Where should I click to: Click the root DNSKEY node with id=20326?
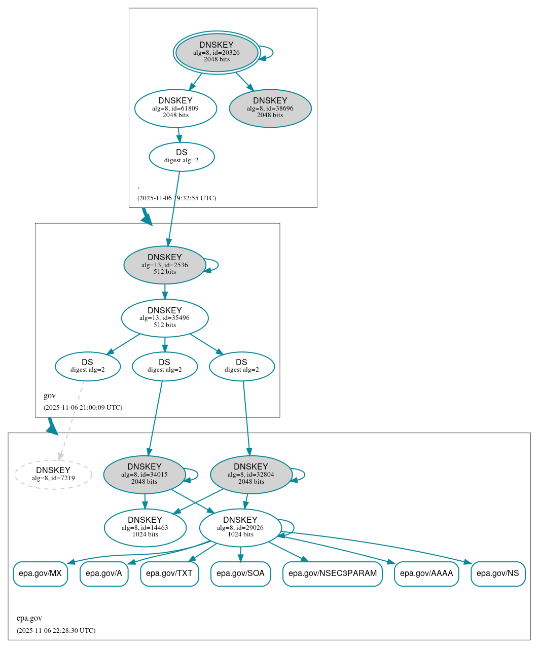pyautogui.click(x=217, y=52)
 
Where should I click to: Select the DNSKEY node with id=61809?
pyautogui.click(x=175, y=108)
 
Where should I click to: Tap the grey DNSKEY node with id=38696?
pyautogui.click(x=270, y=108)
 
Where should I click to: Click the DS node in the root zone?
pyautogui.click(x=182, y=157)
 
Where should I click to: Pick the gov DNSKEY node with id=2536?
pyautogui.click(x=164, y=265)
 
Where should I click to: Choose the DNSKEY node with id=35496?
pyautogui.click(x=164, y=318)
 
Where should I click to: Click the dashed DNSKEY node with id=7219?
pyautogui.click(x=53, y=475)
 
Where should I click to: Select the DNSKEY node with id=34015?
pyautogui.click(x=145, y=475)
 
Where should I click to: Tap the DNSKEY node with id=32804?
pyautogui.click(x=251, y=475)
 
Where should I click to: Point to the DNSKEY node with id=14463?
pyautogui.click(x=145, y=528)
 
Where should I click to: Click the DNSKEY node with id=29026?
pyautogui.click(x=240, y=528)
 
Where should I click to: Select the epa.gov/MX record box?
pyautogui.click(x=40, y=573)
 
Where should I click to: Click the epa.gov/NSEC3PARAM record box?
pyautogui.click(x=332, y=573)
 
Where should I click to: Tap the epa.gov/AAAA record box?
pyautogui.click(x=426, y=573)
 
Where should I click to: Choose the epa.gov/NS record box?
pyautogui.click(x=497, y=573)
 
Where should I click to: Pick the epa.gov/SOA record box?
pyautogui.click(x=240, y=573)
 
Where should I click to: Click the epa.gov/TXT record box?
pyautogui.click(x=169, y=573)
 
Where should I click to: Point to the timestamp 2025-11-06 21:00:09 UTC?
pyautogui.click(x=83, y=407)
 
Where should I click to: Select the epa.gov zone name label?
pyautogui.click(x=29, y=618)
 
